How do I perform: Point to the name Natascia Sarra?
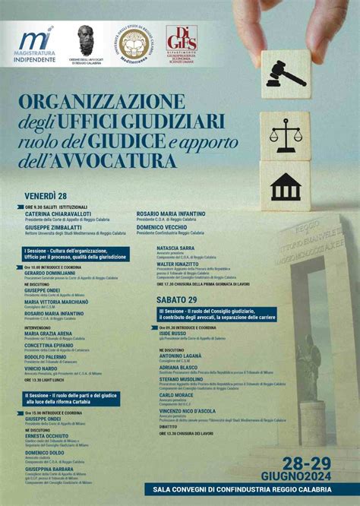(175, 248)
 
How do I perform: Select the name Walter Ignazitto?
(177, 264)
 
